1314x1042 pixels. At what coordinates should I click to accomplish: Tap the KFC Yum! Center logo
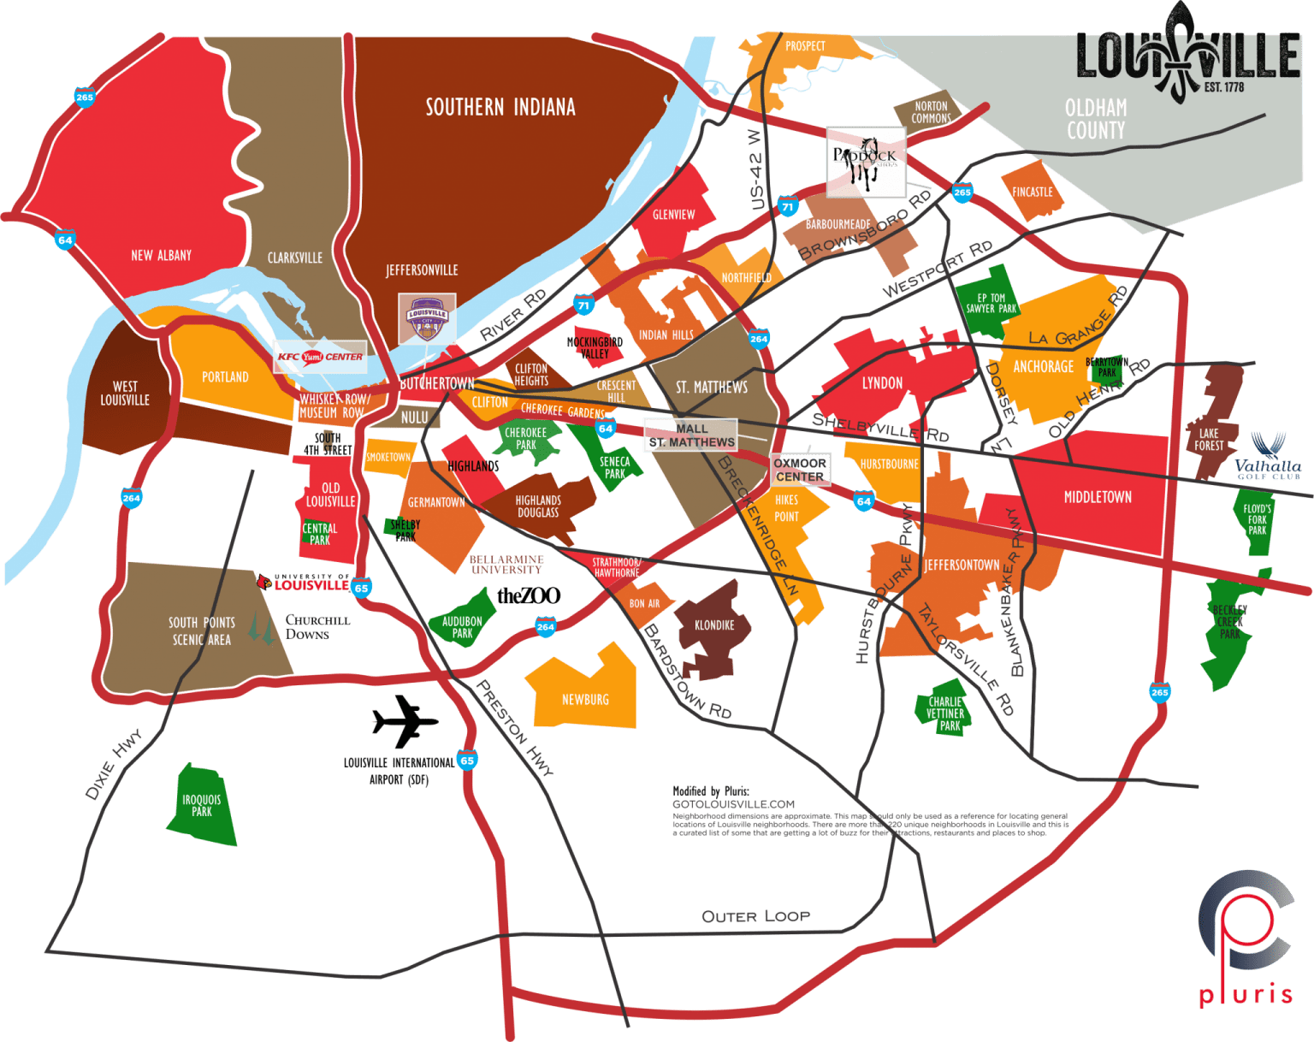click(320, 357)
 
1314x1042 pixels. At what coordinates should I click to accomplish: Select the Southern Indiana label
click(500, 107)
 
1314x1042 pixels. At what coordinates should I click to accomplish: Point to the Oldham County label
click(1096, 119)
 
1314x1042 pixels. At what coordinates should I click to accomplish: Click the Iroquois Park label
click(202, 806)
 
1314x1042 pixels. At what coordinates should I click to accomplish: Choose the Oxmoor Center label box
click(800, 470)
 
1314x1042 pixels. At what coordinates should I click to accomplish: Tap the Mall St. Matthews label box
click(691, 435)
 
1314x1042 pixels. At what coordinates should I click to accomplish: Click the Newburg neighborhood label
click(585, 700)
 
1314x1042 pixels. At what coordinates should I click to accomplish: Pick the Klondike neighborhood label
click(714, 625)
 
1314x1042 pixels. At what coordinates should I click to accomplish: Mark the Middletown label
click(1098, 497)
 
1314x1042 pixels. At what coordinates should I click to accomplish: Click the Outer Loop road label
click(755, 916)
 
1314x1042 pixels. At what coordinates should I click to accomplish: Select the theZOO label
click(529, 595)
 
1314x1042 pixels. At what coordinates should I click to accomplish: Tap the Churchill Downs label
click(317, 627)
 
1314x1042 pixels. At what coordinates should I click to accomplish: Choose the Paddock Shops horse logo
click(866, 161)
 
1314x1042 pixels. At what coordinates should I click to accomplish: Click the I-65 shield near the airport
click(467, 761)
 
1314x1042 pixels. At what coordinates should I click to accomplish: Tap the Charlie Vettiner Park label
click(945, 713)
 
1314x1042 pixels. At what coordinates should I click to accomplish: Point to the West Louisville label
click(125, 394)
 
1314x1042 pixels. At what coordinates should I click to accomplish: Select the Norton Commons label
click(931, 112)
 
